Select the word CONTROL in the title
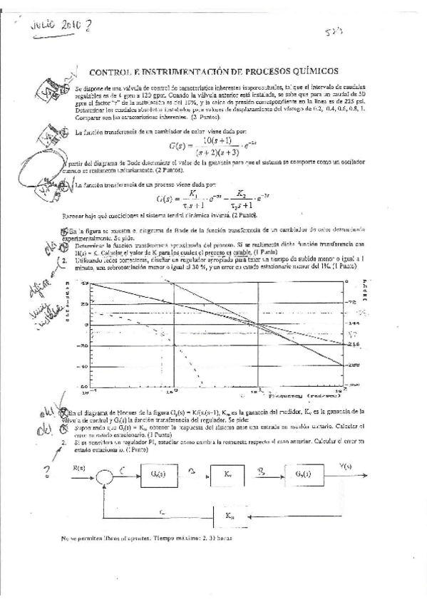111,71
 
